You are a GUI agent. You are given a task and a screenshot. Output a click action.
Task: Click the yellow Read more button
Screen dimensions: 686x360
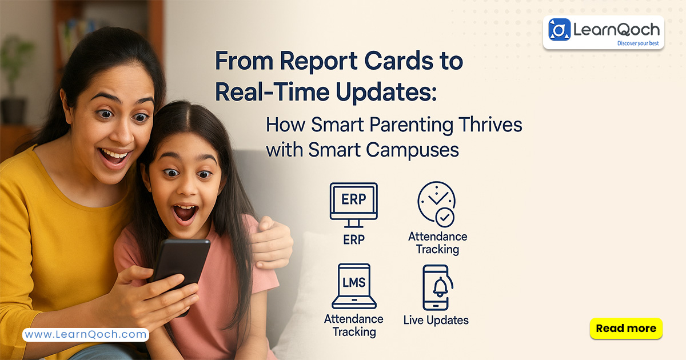(x=626, y=329)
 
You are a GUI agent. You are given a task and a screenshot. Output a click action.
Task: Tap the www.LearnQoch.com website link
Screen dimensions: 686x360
(x=86, y=334)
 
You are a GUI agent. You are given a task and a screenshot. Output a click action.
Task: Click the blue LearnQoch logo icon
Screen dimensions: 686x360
(x=560, y=30)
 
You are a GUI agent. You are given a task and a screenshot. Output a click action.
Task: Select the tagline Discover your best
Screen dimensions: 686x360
(x=638, y=43)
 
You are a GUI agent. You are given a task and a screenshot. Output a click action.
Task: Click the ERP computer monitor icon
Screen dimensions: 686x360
(x=354, y=205)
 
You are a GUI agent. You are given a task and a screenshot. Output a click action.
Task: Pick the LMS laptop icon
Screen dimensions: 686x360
(x=354, y=286)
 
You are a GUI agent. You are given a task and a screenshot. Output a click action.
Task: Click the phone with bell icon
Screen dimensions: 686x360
(x=437, y=288)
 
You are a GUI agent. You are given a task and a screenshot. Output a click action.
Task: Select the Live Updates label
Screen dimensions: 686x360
(x=436, y=320)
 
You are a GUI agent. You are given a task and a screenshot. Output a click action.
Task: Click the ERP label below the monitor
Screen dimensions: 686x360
(x=354, y=239)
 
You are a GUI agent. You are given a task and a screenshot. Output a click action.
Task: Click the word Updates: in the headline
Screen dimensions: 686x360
(x=386, y=92)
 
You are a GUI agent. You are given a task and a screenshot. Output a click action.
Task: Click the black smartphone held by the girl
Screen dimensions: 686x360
(x=181, y=269)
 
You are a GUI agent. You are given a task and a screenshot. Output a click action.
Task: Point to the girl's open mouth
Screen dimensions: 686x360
(x=185, y=213)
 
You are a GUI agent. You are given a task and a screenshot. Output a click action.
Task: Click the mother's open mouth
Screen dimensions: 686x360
(x=113, y=156)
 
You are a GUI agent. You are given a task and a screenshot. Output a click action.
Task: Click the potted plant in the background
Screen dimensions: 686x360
(x=14, y=79)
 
